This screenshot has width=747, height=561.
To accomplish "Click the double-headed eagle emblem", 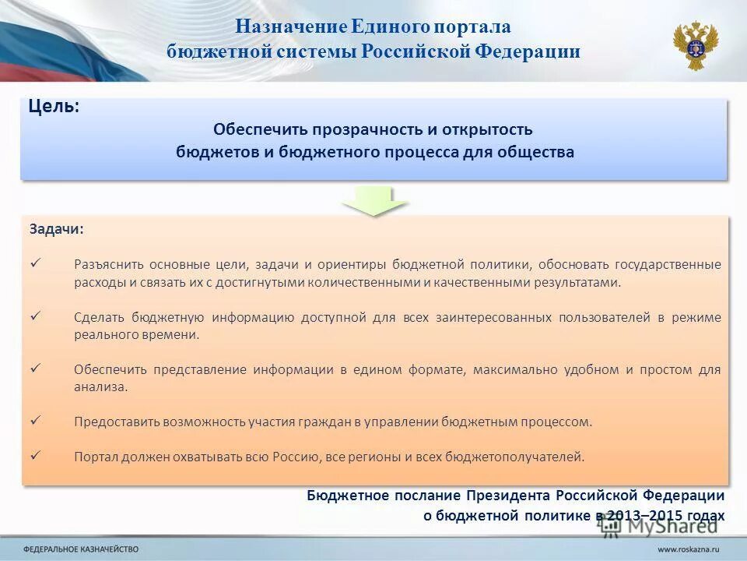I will click(x=695, y=45).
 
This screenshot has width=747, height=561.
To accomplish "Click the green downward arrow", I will click(x=374, y=200).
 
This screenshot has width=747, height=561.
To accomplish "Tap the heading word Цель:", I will click(x=54, y=107).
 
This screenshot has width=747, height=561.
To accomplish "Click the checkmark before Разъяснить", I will click(x=35, y=264).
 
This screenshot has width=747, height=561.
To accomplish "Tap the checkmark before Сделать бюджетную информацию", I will click(x=35, y=316).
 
